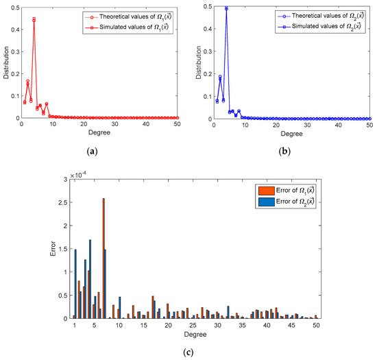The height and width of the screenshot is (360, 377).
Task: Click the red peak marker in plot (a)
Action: click(34, 19)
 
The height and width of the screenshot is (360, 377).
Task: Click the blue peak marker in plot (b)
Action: click(226, 9)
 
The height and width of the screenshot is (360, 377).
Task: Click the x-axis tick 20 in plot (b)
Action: click(276, 124)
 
